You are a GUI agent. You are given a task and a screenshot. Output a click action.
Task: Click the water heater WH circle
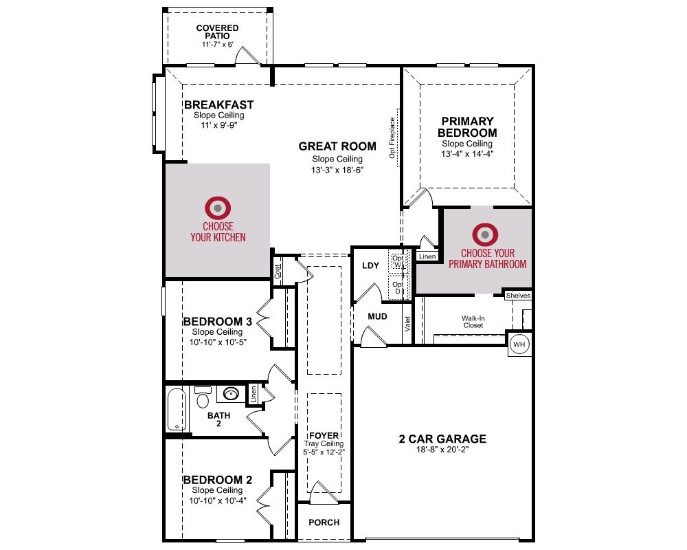point(519,344)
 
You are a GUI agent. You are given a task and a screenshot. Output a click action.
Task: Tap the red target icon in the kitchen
point(218,208)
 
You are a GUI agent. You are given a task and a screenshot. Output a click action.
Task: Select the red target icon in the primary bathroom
point(485,234)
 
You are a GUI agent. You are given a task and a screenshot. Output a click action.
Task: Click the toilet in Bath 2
point(203,397)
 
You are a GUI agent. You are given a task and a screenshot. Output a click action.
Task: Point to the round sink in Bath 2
point(231,393)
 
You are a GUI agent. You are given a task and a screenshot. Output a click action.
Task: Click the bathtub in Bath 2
point(177,410)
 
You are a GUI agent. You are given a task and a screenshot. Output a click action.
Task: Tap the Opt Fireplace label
point(392,137)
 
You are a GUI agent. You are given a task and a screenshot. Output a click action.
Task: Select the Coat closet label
point(278,272)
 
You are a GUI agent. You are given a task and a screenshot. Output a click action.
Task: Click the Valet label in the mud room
point(407,324)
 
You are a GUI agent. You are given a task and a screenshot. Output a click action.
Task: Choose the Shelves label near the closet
point(518,296)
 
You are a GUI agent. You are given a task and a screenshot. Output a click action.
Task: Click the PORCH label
point(324,522)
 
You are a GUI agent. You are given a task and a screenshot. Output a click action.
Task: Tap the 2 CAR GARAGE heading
point(442,439)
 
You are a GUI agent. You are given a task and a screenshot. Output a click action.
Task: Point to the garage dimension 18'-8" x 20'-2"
point(442,450)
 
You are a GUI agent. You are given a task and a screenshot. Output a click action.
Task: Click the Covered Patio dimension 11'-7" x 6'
point(217,44)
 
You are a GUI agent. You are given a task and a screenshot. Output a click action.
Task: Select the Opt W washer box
point(398,262)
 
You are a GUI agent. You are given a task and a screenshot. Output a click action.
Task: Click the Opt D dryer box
point(398,288)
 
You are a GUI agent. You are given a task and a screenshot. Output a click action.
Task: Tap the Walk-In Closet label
point(473,322)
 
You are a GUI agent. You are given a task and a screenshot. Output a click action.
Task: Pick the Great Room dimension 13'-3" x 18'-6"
point(337,170)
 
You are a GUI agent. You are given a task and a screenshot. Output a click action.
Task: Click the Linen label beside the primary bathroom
point(427,256)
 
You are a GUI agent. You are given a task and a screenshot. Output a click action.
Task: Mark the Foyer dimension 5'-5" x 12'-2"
point(324,452)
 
